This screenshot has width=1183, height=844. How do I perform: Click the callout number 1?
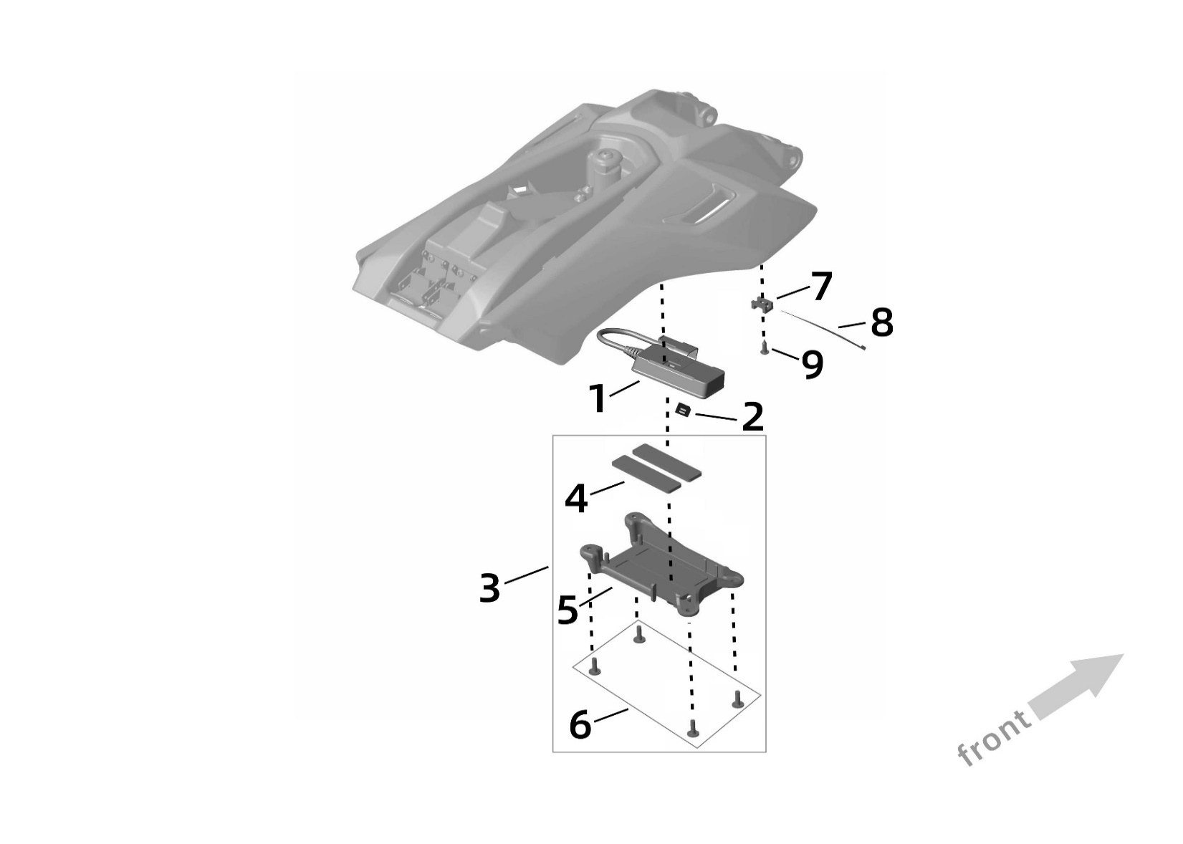click(x=599, y=398)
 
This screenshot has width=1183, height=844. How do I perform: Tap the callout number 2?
click(x=752, y=417)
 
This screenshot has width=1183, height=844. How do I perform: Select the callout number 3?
click(x=489, y=589)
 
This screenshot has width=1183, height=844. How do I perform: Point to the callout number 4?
click(x=576, y=498)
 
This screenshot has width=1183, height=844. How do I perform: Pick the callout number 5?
click(x=567, y=610)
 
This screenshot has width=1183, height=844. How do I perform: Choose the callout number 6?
click(x=580, y=724)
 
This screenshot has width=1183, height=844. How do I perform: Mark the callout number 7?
click(x=821, y=287)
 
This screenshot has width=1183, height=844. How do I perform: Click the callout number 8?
click(x=881, y=322)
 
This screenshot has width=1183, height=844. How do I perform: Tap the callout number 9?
click(x=813, y=365)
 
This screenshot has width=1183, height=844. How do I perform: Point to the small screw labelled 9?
click(x=765, y=350)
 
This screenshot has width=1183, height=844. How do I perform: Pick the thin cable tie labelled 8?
click(x=824, y=328)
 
